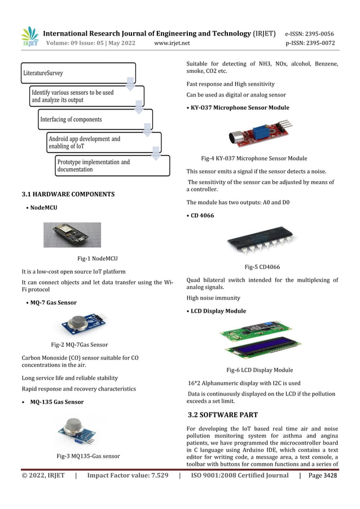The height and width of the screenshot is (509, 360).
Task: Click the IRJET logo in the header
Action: tap(29, 37)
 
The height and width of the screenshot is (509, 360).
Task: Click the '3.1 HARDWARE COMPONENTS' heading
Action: tap(68, 194)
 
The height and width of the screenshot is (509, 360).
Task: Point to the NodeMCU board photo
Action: tap(72, 234)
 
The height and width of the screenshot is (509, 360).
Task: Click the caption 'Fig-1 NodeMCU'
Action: tap(97, 258)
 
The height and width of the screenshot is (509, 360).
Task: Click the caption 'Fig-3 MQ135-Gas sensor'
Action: tap(88, 455)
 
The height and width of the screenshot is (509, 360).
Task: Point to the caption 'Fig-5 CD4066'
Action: tap(262, 267)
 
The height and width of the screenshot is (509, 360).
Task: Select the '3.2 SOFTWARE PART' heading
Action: tap(222, 415)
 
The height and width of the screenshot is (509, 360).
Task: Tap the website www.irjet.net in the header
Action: tap(172, 43)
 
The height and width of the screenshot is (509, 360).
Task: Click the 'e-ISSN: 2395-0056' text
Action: tap(310, 33)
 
